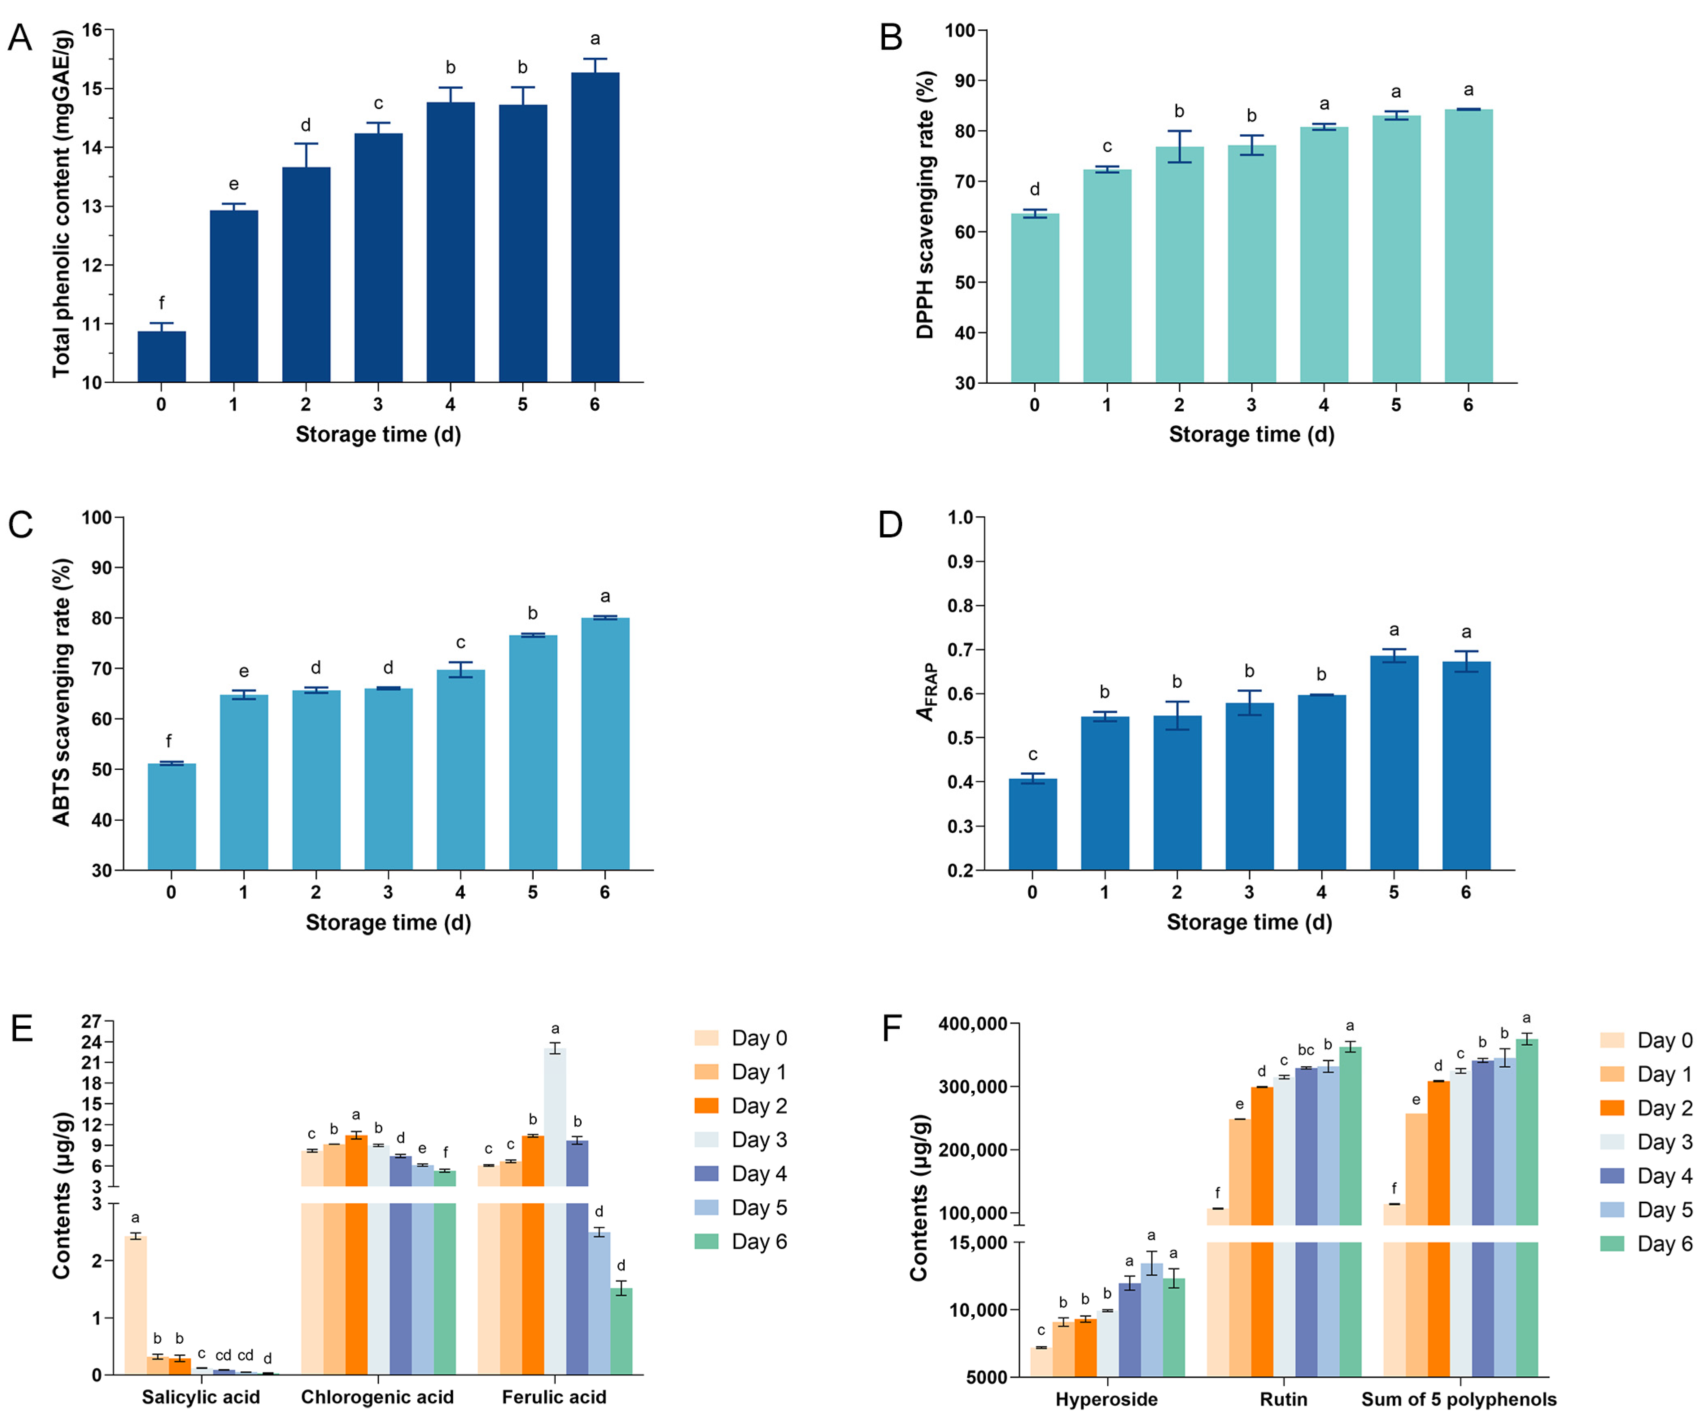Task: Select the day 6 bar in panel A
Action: pos(595,227)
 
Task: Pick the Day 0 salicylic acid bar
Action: pos(135,1304)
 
